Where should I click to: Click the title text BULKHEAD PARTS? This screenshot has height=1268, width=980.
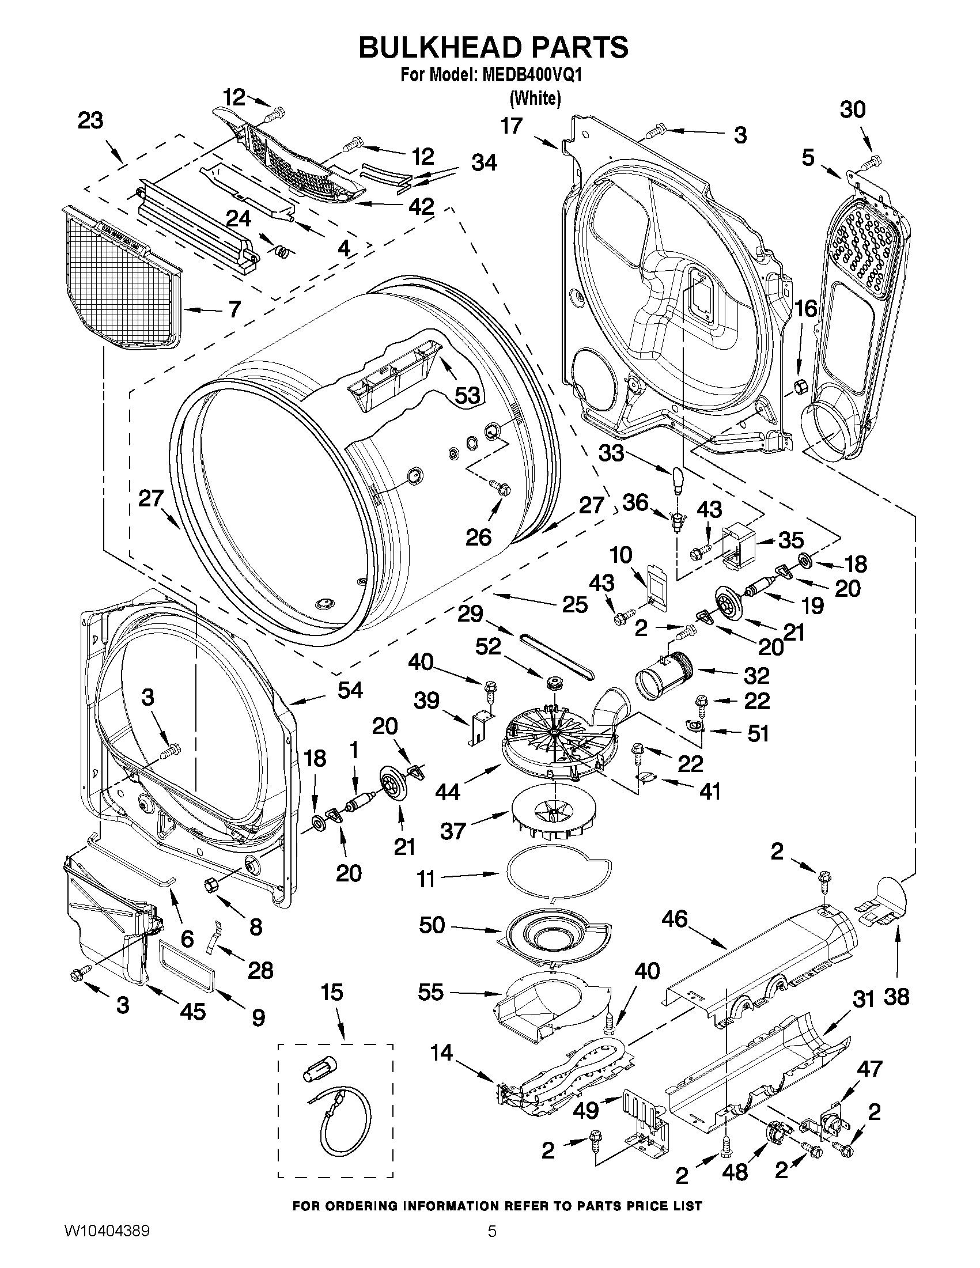pos(493,48)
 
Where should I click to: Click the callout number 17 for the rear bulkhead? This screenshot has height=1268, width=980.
pos(512,126)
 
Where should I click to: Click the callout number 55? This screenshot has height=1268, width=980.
pos(432,991)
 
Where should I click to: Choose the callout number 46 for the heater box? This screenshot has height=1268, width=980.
pos(674,918)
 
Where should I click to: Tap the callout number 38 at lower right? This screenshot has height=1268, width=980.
pos(896,997)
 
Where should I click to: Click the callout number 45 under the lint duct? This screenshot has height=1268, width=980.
pos(193,1012)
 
